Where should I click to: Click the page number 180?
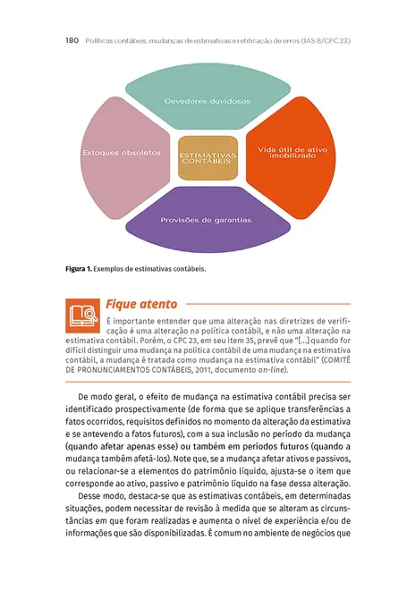click(x=74, y=41)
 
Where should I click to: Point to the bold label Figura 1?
click(x=78, y=267)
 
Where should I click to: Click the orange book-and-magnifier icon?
click(x=82, y=314)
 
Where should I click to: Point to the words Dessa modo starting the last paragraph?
click(x=100, y=495)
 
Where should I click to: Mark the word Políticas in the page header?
click(x=99, y=41)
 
